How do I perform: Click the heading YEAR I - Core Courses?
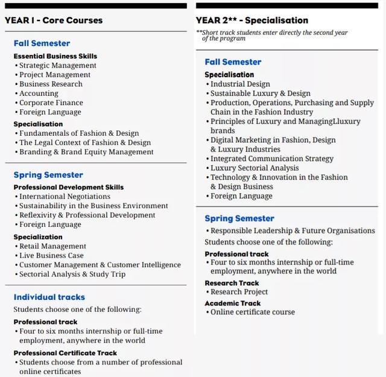pyautogui.click(x=54, y=20)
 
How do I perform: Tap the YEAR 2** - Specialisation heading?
pyautogui.click(x=252, y=20)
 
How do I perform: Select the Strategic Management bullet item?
pyautogui.click(x=57, y=65)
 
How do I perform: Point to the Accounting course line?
pyautogui.click(x=39, y=93)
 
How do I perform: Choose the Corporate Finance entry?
pyautogui.click(x=51, y=103)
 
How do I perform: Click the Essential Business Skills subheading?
pyautogui.click(x=55, y=56)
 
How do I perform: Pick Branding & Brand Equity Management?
pyautogui.click(x=86, y=152)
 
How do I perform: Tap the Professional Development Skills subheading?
pyautogui.click(x=69, y=188)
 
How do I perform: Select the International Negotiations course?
pyautogui.click(x=65, y=197)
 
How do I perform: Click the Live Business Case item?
pyautogui.click(x=51, y=256)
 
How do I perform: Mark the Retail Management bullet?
pyautogui.click(x=52, y=246)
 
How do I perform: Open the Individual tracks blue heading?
pyautogui.click(x=49, y=297)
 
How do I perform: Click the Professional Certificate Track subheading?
pyautogui.click(x=66, y=353)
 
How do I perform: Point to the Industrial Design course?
pyautogui.click(x=240, y=84)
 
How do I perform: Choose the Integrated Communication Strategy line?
pyautogui.click(x=271, y=159)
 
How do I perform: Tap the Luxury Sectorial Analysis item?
pyautogui.click(x=255, y=168)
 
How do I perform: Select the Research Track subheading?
pyautogui.click(x=232, y=283)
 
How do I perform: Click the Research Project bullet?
pyautogui.click(x=239, y=292)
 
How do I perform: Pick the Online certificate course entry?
pyautogui.click(x=253, y=312)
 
